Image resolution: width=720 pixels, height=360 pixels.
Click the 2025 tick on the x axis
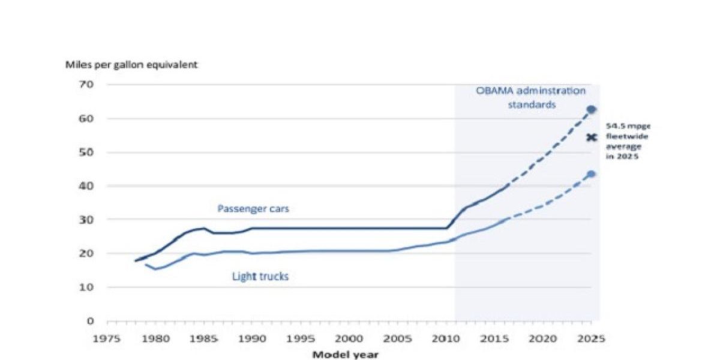coord(592,338)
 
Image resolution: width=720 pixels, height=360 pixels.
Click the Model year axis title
coord(345,354)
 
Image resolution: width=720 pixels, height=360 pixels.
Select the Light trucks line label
coord(260,277)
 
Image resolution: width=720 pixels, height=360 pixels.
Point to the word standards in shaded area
coord(532,104)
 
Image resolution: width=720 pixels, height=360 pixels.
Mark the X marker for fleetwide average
coord(592,137)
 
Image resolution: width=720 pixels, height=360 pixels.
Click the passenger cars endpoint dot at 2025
coord(591,109)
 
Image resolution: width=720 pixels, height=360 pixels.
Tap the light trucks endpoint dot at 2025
coord(591,174)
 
